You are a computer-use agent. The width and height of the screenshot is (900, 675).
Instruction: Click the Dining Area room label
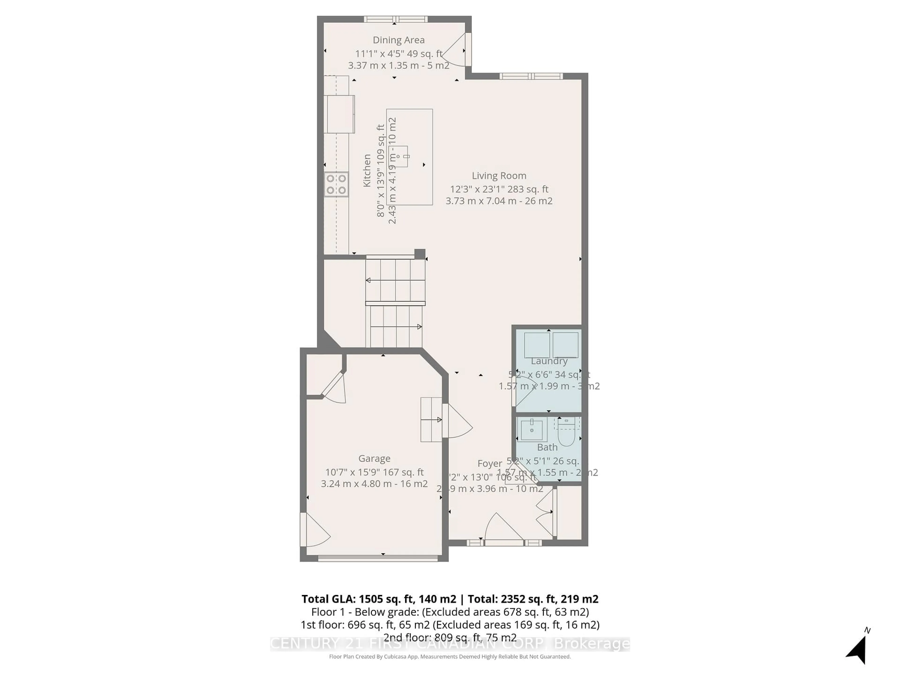[x=398, y=40]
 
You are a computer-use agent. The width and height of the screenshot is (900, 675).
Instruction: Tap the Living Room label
[x=499, y=176]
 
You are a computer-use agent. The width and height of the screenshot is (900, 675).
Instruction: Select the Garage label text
[x=374, y=458]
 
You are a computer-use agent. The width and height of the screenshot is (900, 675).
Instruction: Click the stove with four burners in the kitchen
[x=336, y=184]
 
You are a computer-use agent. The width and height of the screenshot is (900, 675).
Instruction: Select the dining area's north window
[x=395, y=19]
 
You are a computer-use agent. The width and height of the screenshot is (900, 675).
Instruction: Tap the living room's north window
[x=531, y=76]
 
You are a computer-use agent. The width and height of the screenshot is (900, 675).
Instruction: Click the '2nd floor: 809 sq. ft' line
[x=450, y=637]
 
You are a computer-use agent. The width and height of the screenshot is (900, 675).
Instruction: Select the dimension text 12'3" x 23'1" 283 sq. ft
[x=499, y=189]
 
